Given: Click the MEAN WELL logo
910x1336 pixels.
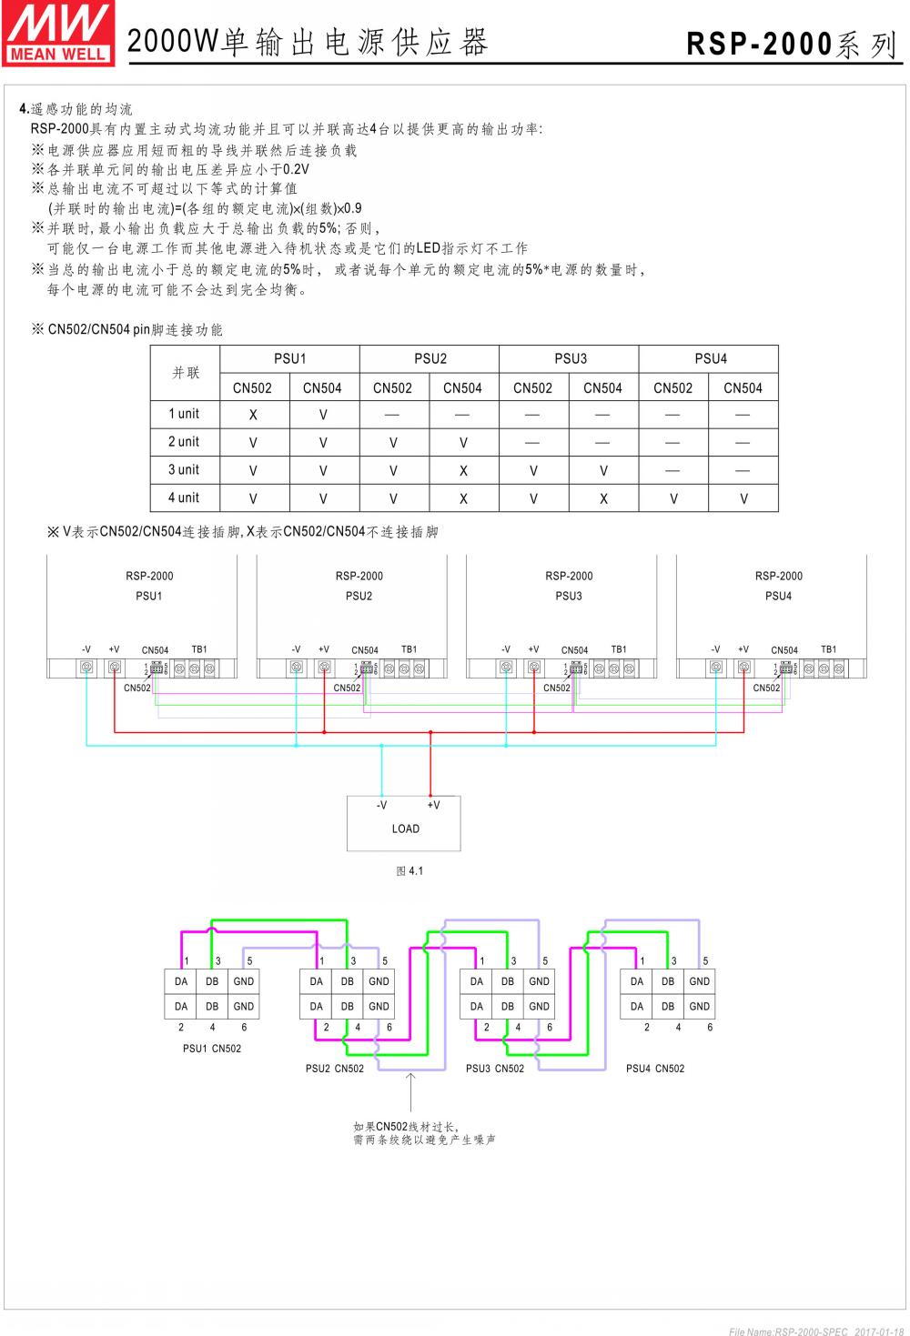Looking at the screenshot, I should pyautogui.click(x=58, y=34).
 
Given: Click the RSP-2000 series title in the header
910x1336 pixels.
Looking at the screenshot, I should pyautogui.click(x=792, y=43).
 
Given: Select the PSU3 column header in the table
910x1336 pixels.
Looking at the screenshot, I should pyautogui.click(x=570, y=358).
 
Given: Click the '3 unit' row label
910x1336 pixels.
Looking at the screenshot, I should pyautogui.click(x=184, y=470).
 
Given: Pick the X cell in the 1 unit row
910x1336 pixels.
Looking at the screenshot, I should pyautogui.click(x=253, y=415).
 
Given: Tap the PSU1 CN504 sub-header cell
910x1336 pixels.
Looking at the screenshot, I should pyautogui.click(x=322, y=388).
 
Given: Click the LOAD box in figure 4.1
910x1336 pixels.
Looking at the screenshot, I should pyautogui.click(x=404, y=824).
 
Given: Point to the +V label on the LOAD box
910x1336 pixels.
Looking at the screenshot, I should pyautogui.click(x=433, y=805).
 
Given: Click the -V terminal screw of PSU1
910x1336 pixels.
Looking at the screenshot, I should pyautogui.click(x=86, y=668).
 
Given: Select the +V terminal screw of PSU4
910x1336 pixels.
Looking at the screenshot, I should pyautogui.click(x=743, y=668).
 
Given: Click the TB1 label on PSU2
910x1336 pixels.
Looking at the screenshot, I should pyautogui.click(x=409, y=649).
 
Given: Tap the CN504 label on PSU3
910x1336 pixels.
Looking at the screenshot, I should pyautogui.click(x=574, y=650).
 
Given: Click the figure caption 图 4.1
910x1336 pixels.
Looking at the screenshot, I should pyautogui.click(x=409, y=871).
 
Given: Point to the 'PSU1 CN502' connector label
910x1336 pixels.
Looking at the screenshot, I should pyautogui.click(x=212, y=1049).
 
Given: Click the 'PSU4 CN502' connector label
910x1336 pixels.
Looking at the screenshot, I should pyautogui.click(x=655, y=1069).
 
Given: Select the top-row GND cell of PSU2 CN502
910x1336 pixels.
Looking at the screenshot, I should pyautogui.click(x=379, y=981).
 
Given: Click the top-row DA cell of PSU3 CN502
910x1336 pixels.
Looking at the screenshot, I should pyautogui.click(x=477, y=981).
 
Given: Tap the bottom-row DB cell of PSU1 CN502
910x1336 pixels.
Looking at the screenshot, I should pyautogui.click(x=212, y=1007).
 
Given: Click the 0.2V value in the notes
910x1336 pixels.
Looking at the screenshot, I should pyautogui.click(x=296, y=170).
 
